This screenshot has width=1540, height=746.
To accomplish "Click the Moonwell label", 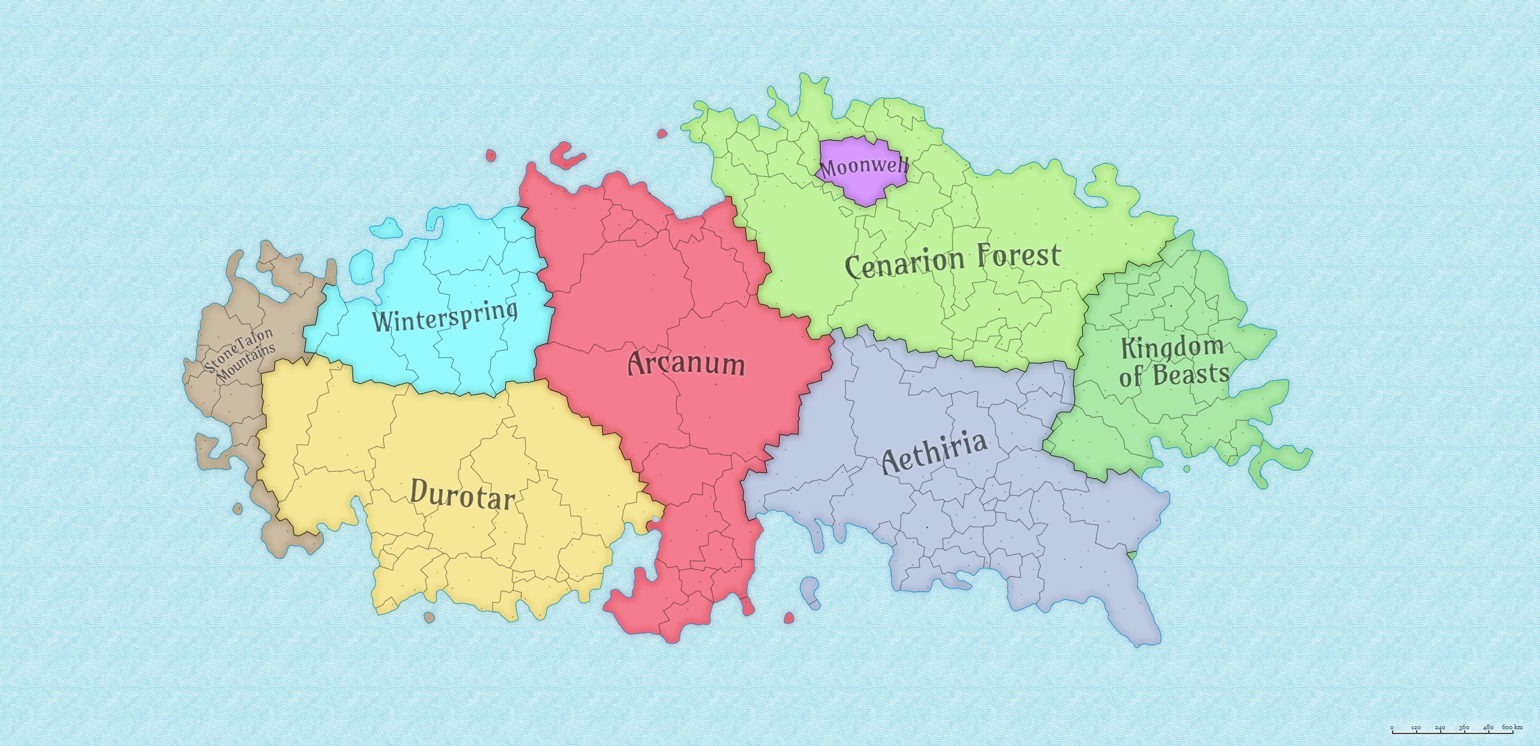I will (x=864, y=167).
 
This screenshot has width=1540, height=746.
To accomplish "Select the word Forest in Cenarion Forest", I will (x=1018, y=256).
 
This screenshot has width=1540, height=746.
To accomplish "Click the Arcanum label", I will (x=686, y=364).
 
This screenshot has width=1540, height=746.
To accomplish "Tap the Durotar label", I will (x=462, y=496).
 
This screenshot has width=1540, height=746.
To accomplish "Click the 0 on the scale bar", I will (x=1392, y=728).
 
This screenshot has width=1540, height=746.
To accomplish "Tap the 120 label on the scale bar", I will (x=1416, y=728).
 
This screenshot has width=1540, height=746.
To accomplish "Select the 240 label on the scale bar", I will (x=1440, y=728).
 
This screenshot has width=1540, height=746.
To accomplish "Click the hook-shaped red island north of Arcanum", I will (x=565, y=156).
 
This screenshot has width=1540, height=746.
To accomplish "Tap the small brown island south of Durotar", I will (x=429, y=617).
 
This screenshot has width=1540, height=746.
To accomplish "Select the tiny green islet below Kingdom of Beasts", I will (x=1187, y=469).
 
